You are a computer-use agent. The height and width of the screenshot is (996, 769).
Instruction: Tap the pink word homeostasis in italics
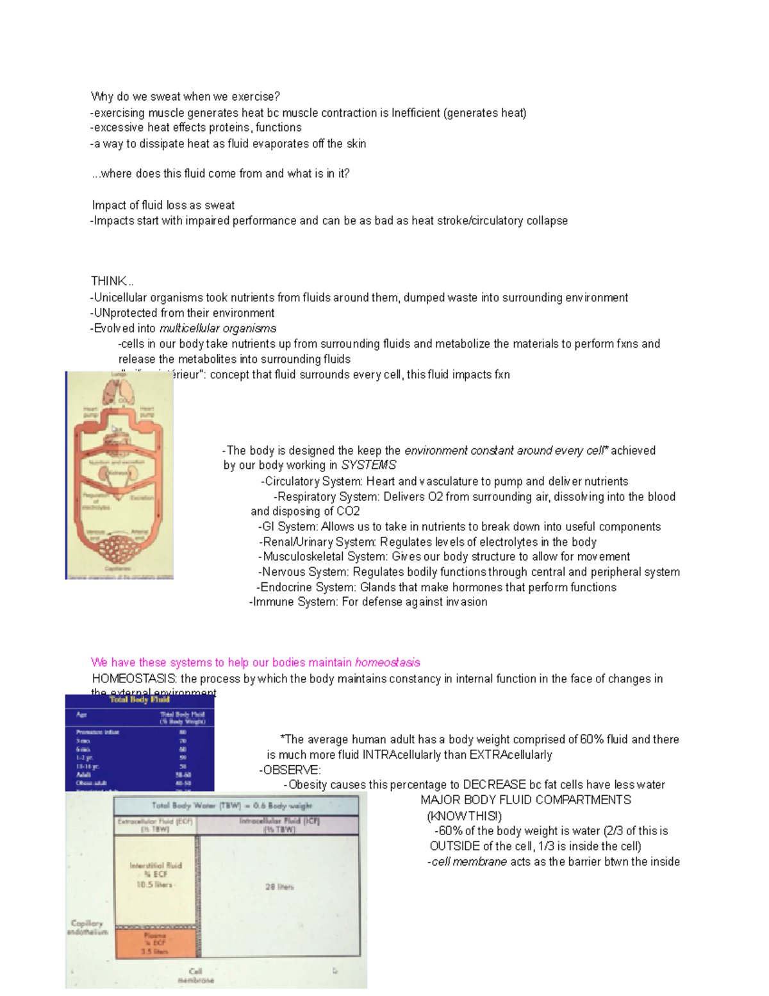point(387,663)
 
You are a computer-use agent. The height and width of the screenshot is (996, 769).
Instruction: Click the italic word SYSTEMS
point(368,465)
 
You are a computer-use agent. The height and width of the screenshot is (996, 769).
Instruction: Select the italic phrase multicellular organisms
point(217,328)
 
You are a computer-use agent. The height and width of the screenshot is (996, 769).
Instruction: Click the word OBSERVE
point(291,770)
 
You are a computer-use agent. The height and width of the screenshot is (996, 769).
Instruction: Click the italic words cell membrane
point(469,862)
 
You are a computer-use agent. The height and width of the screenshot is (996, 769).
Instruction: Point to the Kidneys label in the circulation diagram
point(118,473)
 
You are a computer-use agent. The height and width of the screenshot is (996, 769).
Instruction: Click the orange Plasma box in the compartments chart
point(155,943)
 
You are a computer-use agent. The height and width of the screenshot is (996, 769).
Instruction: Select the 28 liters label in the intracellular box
point(279,887)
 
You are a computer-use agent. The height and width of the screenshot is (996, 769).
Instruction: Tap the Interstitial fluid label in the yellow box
point(155,866)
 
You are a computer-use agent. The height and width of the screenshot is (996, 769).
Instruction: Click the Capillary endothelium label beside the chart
point(87,927)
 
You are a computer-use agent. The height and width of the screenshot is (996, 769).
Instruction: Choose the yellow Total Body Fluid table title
point(139,700)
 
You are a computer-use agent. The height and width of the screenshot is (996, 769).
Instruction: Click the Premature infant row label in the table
point(97,732)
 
